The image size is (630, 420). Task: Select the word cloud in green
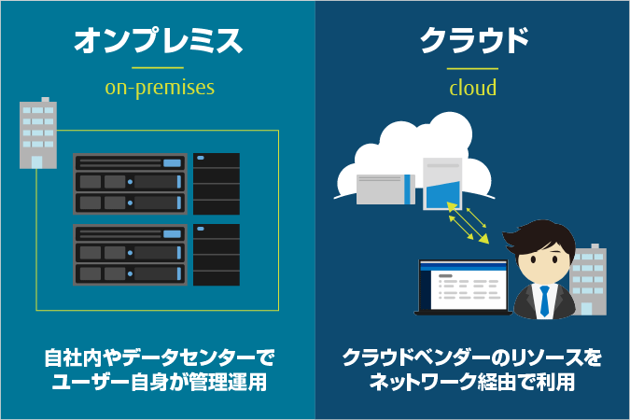[x=472, y=89]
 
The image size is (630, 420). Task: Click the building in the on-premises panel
[x=37, y=133]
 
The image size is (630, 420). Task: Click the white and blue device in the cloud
[x=442, y=185]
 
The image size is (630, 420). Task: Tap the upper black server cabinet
[x=217, y=183]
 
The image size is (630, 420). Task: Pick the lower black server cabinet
[x=217, y=255]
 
